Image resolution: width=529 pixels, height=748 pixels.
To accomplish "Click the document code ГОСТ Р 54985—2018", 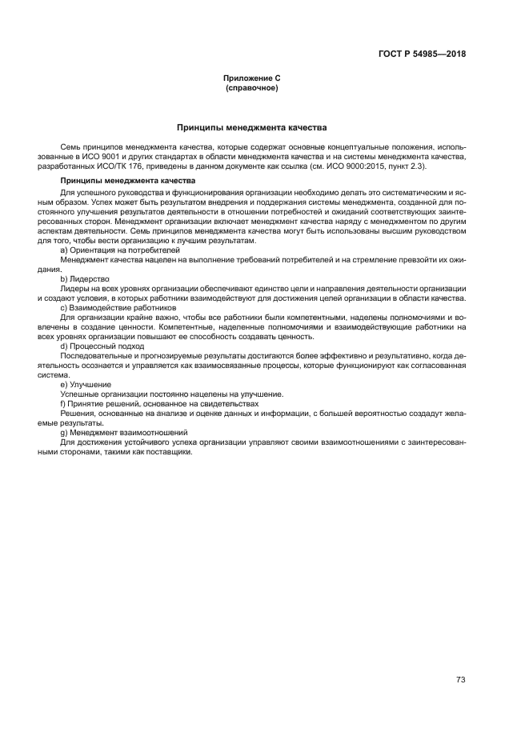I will tap(421, 54).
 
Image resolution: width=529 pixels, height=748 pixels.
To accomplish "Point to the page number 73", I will tap(460, 657).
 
